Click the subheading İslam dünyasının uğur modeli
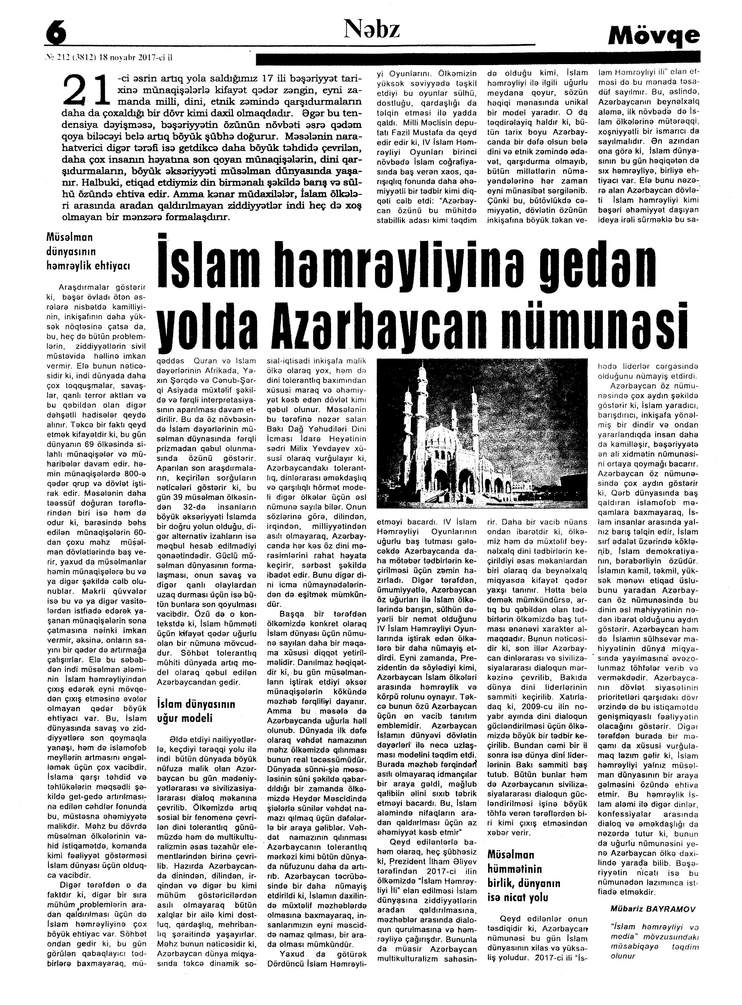coord(196,711)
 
